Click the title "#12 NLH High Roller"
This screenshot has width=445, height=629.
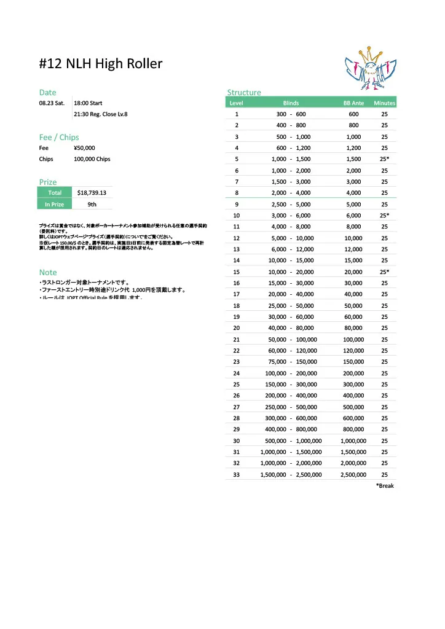pos(101,64)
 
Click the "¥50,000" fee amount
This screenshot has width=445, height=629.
pos(84,147)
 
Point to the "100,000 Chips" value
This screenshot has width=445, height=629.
pos(92,159)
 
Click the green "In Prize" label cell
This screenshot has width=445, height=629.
pos(54,205)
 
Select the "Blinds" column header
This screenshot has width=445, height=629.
pos(291,103)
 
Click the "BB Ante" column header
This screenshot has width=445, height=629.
pos(353,103)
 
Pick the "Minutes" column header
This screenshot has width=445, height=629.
pos(384,103)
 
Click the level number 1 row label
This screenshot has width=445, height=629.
pos(237,114)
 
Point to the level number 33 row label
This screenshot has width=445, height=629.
pos(237,474)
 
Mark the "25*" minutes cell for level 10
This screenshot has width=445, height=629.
pos(384,216)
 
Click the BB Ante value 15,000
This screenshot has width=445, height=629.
pos(353,260)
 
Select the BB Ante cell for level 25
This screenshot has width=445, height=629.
pos(353,385)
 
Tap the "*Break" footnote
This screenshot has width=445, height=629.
pos(384,486)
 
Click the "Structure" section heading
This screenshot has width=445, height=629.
pos(244,93)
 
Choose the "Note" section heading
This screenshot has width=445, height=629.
pos(48,272)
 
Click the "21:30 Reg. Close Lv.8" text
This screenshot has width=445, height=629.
pos(101,114)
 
